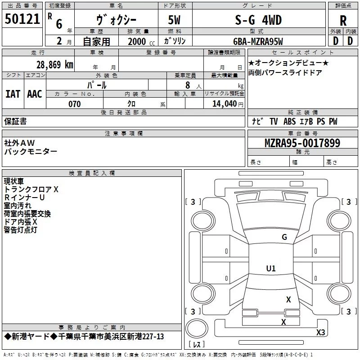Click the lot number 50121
(22, 19)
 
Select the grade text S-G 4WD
(258, 20)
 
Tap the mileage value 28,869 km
(54, 65)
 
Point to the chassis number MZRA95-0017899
(302, 143)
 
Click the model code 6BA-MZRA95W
(258, 41)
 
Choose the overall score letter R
(343, 21)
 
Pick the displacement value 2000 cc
(141, 41)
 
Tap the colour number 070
(75, 104)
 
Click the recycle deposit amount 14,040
(224, 104)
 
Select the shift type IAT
(13, 94)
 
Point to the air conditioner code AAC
(35, 94)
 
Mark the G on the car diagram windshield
(284, 237)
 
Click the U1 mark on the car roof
(271, 268)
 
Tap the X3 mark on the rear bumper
(320, 332)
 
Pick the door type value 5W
(174, 20)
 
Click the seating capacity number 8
(188, 85)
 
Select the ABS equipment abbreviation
(289, 121)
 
